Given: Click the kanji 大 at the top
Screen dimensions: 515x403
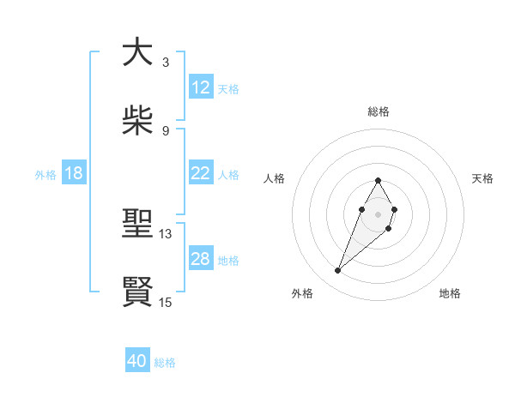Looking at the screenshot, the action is (x=137, y=53).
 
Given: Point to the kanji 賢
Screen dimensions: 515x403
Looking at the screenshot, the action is (x=137, y=292).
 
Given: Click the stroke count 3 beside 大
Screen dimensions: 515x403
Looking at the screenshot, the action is (x=165, y=63).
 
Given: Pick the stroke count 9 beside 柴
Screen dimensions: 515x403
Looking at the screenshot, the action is (x=165, y=130).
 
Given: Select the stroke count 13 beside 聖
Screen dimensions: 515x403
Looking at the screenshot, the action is (x=166, y=233).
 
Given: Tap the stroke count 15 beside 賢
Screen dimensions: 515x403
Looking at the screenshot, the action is (x=166, y=302).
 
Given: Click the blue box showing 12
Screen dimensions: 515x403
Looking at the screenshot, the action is (x=201, y=87).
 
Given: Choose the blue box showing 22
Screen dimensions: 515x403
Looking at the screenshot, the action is (x=201, y=173).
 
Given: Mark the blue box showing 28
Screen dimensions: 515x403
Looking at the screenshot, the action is (x=201, y=259).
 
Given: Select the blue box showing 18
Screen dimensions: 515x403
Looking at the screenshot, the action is (x=74, y=173).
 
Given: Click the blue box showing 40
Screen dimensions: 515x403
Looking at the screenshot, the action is (x=137, y=361).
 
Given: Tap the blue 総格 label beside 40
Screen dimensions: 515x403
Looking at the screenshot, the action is (x=165, y=363).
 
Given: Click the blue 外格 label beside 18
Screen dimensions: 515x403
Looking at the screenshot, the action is (x=45, y=175).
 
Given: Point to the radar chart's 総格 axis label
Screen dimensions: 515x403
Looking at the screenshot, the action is (x=379, y=111).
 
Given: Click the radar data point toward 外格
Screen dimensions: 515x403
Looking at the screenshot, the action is (x=338, y=271).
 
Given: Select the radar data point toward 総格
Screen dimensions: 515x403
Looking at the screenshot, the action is (x=378, y=181).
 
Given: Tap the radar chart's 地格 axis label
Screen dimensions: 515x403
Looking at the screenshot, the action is (x=450, y=293).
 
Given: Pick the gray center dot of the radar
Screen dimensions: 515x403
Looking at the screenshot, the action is (x=378, y=214).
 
